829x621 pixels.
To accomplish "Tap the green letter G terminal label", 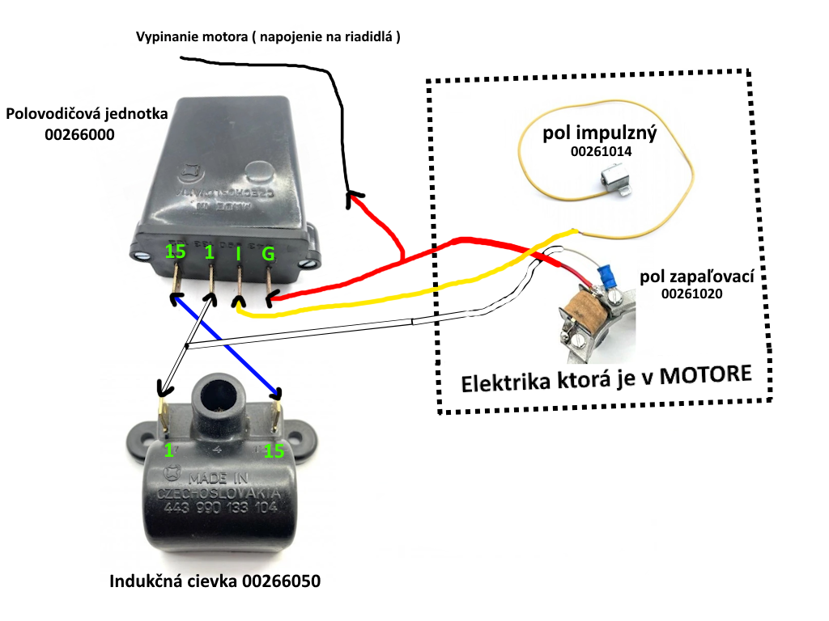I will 268,255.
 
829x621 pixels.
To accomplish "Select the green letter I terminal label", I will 238,254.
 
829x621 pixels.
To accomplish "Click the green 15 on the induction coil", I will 274,450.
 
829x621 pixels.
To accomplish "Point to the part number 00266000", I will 80,134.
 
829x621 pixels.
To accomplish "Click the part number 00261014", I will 600,150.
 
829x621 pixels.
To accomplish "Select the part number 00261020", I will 691,295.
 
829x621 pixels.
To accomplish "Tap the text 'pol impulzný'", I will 600,133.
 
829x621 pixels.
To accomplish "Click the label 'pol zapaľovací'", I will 696,277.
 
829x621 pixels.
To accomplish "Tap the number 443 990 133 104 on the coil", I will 220,509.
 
